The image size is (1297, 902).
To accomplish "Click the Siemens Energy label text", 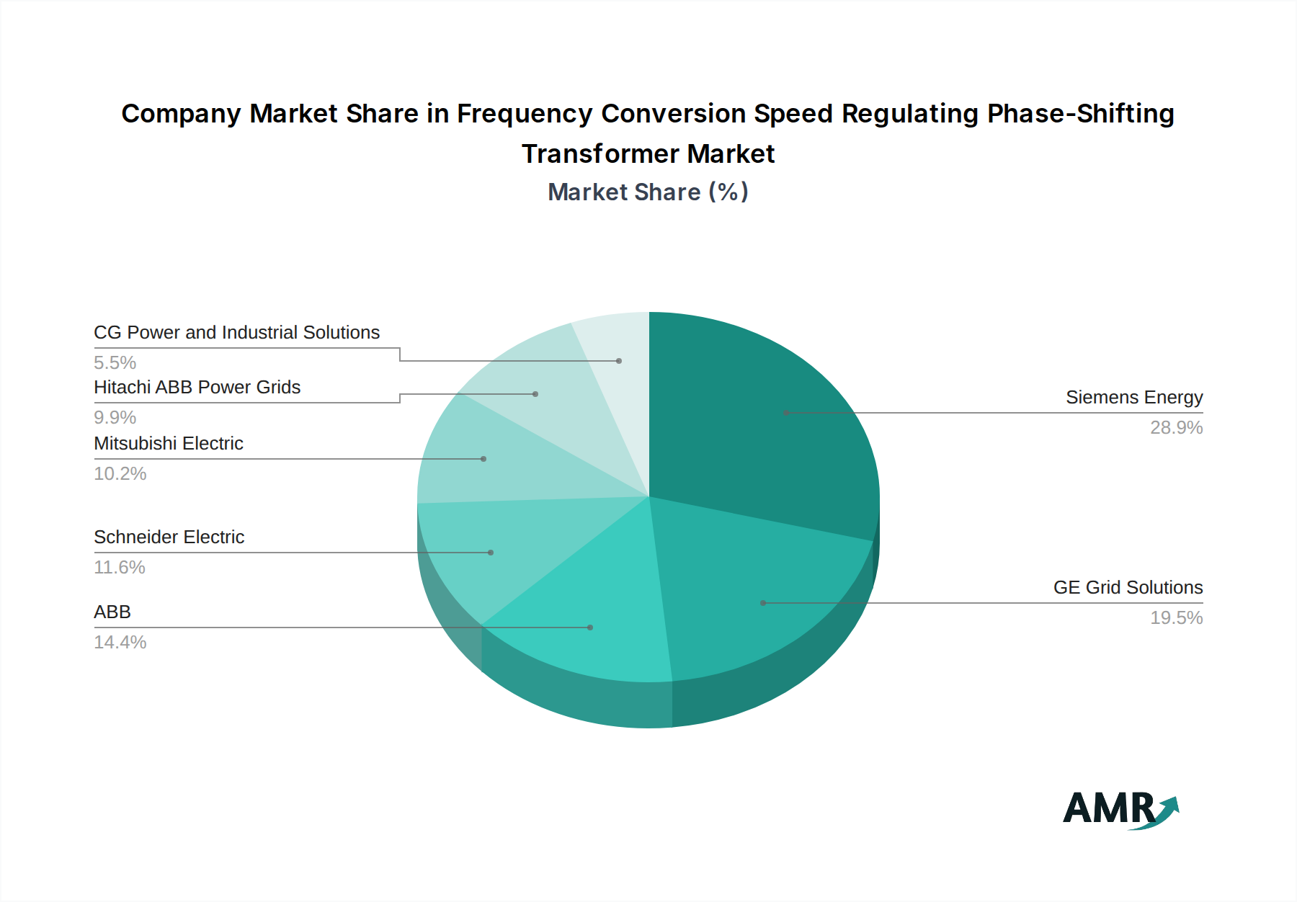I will coord(1133,398).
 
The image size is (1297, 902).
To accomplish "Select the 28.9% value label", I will coord(1176,428).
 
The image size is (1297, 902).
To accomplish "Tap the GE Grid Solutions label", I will coord(1128,588).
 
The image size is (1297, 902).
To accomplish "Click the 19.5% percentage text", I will coord(1176,618).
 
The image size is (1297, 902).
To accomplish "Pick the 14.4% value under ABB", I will coord(120,643).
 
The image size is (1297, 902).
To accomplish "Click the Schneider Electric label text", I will coord(169,537).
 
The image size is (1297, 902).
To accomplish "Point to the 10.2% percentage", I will coord(120,474).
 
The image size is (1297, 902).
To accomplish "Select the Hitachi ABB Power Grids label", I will coord(197,388).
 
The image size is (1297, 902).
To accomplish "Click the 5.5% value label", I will coord(115,363).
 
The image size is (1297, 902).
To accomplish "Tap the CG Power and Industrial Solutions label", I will coord(236,333).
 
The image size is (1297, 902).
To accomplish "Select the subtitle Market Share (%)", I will coord(648,192).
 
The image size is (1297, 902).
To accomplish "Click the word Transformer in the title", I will coord(600,154).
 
